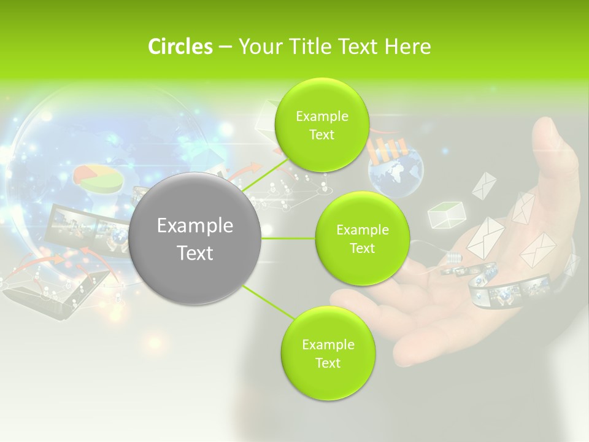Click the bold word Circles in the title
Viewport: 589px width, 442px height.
[x=180, y=47]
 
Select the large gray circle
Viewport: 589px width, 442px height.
[x=195, y=239]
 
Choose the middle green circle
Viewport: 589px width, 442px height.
[x=362, y=239]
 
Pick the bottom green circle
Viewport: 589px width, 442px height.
[x=328, y=353]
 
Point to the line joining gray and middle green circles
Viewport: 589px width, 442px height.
[x=288, y=238]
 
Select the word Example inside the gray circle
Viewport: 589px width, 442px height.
[x=195, y=226]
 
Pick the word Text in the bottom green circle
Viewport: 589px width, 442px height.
[x=328, y=363]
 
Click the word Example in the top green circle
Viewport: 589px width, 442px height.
[x=321, y=116]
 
